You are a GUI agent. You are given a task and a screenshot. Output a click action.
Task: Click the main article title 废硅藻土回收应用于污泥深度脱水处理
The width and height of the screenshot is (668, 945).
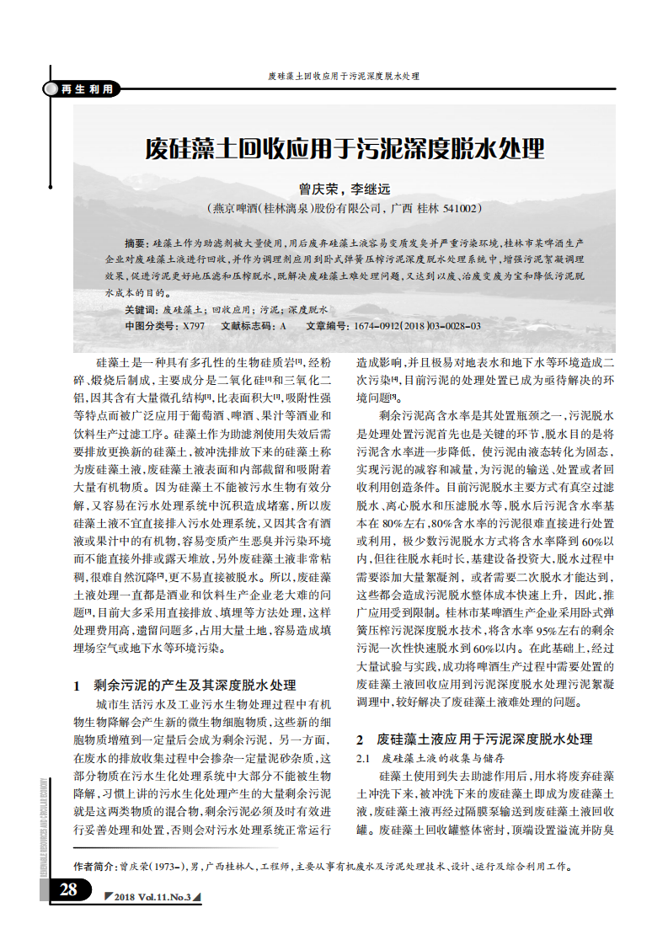[x=345, y=150]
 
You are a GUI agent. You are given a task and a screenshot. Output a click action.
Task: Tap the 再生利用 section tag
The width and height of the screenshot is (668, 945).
[x=85, y=89]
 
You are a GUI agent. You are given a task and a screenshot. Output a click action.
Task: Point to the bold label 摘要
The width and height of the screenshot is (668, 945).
[x=135, y=242]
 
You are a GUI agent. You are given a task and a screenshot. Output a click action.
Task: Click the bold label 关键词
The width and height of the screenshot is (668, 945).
[x=140, y=310]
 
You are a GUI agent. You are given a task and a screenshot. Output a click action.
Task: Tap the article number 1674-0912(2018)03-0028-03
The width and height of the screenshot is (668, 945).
[x=418, y=325]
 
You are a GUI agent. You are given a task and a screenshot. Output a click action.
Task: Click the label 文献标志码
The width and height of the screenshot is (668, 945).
[x=249, y=325]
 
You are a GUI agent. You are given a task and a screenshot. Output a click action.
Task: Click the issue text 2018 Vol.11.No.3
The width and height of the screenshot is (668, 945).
[x=152, y=896]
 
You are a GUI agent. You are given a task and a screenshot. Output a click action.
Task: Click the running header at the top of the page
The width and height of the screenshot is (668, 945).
[x=344, y=76]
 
